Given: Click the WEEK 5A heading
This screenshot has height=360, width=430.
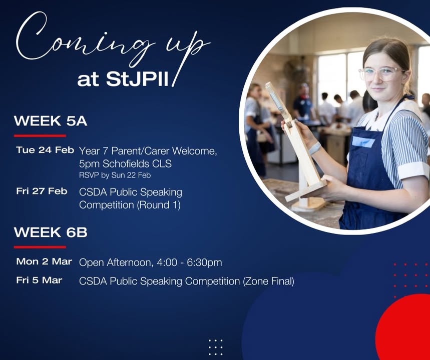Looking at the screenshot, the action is (51, 121).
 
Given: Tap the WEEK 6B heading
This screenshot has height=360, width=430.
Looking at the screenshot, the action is (51, 232).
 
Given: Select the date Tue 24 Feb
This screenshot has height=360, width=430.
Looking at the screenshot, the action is (45, 150).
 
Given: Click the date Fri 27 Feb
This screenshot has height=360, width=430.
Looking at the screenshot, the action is (42, 191).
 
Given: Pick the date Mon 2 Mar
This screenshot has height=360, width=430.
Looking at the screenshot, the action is (44, 261).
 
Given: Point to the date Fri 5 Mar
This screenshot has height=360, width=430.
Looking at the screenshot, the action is (39, 280).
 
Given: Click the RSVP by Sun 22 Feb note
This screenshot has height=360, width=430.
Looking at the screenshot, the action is (115, 175).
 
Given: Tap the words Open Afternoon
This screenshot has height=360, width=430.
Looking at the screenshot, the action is (115, 262).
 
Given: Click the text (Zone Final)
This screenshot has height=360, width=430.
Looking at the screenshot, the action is (268, 281).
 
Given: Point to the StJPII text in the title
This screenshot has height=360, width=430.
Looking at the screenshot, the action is (137, 79).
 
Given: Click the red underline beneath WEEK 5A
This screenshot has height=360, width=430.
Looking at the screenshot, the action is (40, 135).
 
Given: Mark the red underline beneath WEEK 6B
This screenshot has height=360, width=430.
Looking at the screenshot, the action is (40, 247).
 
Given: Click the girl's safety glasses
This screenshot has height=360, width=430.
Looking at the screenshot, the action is (381, 73).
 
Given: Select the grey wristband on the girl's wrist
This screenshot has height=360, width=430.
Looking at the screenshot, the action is (315, 148).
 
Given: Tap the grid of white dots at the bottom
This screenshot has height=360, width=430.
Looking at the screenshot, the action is (216, 347).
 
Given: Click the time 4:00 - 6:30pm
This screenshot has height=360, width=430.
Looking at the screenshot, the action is (189, 262).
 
